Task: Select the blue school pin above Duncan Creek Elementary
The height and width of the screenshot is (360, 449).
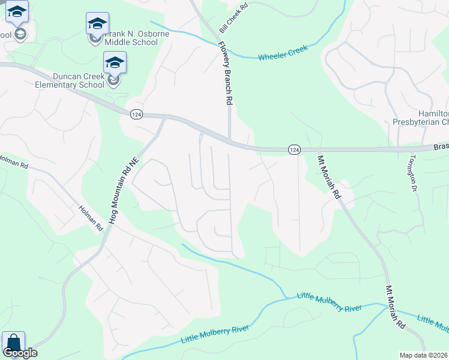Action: point(114,62)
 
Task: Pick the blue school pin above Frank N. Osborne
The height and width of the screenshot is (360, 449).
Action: point(97,23)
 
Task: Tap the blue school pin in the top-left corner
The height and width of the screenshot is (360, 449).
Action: point(17,11)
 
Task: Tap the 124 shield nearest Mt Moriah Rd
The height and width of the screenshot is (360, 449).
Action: point(294,149)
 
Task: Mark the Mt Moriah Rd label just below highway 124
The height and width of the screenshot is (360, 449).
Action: point(329,177)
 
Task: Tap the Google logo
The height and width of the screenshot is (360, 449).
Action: point(20,353)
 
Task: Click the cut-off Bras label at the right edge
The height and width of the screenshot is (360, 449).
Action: point(441,146)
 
